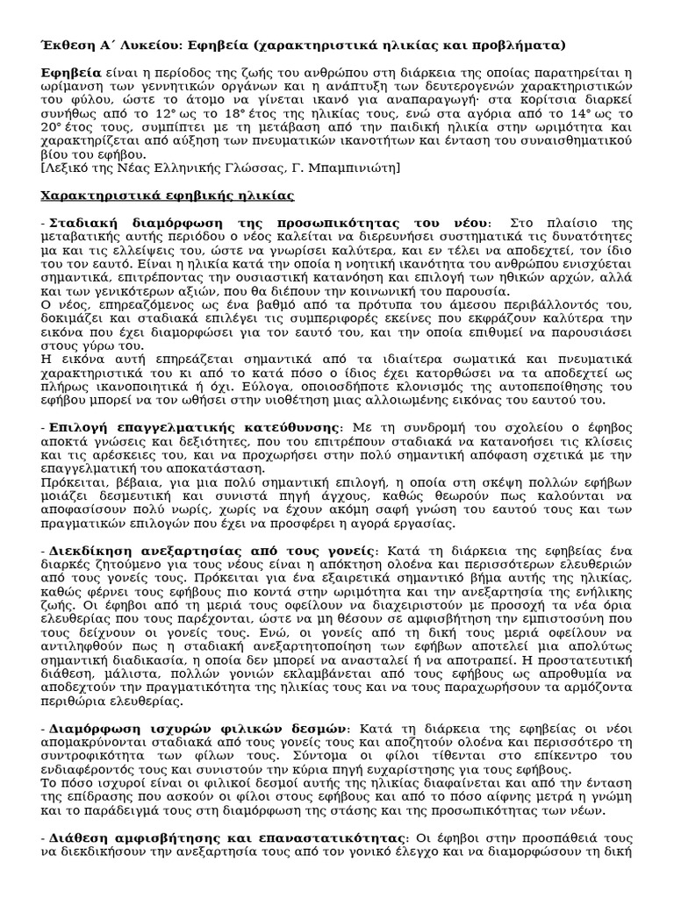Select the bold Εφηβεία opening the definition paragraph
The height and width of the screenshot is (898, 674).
pos(71,74)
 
